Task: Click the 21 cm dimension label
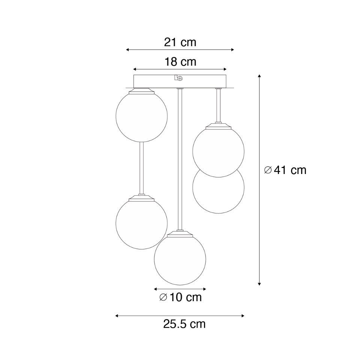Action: tap(180, 42)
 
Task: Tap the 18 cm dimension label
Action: tap(180, 62)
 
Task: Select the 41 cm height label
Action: tap(285, 170)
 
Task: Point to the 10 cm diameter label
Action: tap(180, 297)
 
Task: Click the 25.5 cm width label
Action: tap(184, 324)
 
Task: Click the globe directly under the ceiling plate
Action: tap(142, 116)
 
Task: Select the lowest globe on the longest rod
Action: tap(180, 259)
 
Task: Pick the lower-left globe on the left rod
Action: tap(142, 223)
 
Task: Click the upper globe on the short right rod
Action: tap(218, 151)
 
